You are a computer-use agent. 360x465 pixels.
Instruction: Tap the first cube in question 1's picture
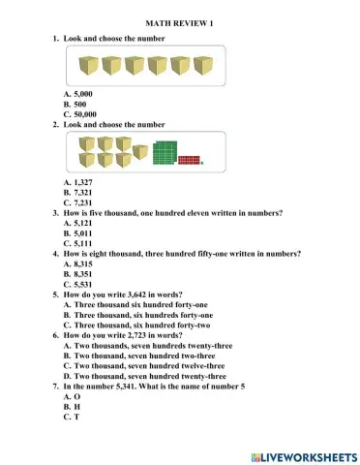pyautogui.click(x=88, y=65)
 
